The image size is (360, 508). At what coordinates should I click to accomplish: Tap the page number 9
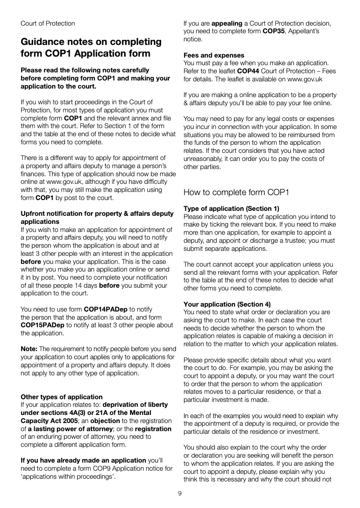(x=180, y=494)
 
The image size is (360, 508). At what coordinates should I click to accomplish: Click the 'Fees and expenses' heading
(x=214, y=55)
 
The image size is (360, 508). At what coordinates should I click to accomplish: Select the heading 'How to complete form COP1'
(x=236, y=193)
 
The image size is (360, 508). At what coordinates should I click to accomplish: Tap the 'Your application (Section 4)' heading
(x=227, y=304)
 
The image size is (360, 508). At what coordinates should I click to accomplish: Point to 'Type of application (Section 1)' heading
(x=231, y=208)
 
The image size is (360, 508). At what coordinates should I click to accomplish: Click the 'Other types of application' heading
(x=62, y=397)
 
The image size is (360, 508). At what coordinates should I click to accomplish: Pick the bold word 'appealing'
(x=227, y=23)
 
